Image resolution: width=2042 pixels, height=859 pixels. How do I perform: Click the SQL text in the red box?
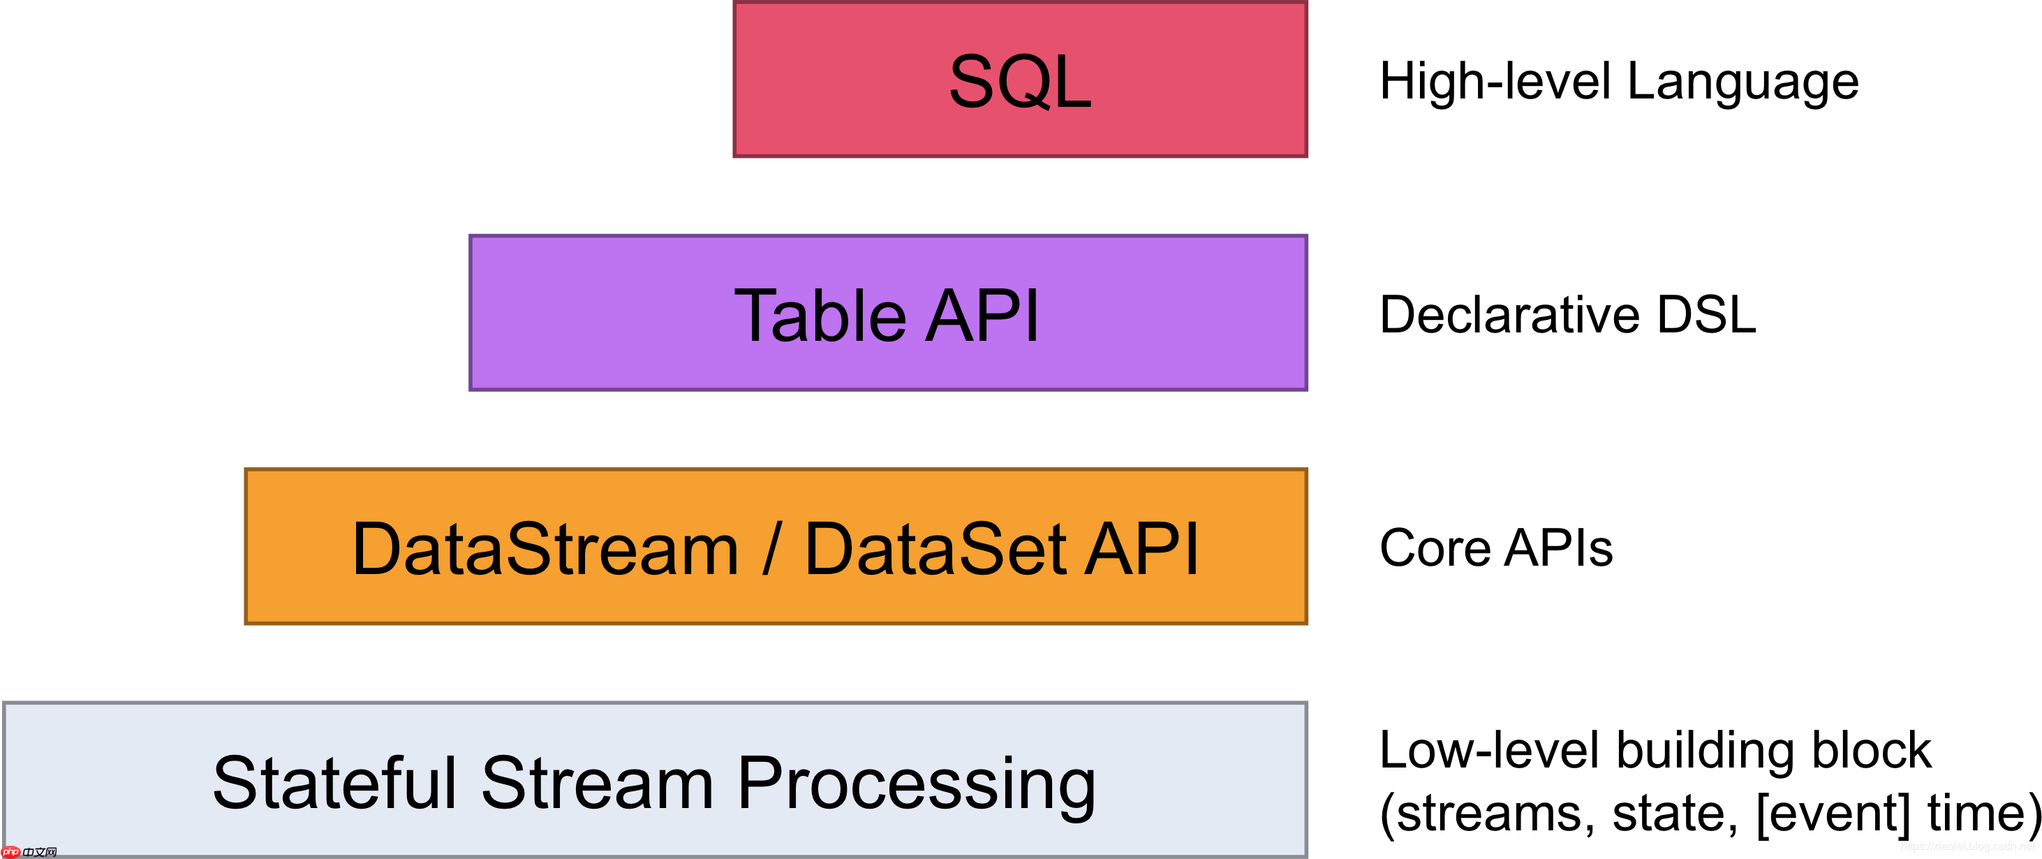tap(1019, 81)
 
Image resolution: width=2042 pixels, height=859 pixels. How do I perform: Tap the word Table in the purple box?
tap(820, 316)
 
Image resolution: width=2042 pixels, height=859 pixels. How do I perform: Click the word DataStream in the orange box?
tap(545, 549)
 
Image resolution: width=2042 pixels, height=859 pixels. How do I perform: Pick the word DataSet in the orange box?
tap(935, 549)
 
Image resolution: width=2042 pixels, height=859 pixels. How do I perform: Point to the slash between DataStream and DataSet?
tap(771, 549)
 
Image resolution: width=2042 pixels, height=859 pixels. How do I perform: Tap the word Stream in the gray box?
tap(597, 783)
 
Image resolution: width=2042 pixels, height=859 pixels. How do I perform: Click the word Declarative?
tap(1509, 315)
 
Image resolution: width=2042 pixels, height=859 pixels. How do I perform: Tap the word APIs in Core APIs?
tap(1558, 548)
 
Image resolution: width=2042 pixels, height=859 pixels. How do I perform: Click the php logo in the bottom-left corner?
tap(11, 852)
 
